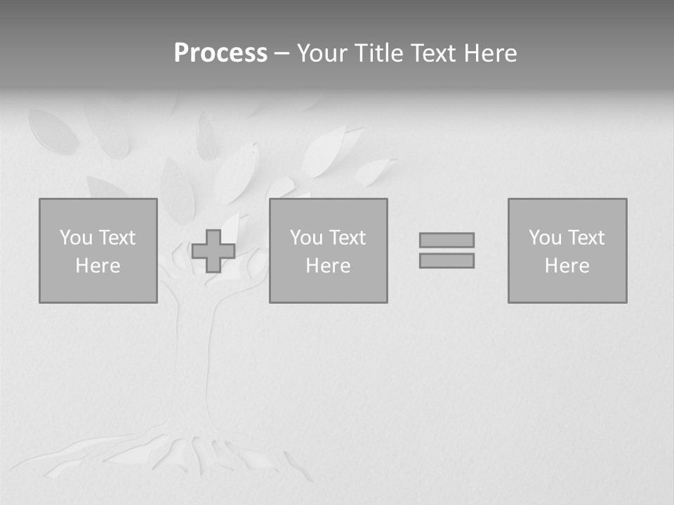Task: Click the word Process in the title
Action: (x=220, y=53)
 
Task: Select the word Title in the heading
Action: (x=379, y=53)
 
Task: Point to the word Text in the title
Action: (x=435, y=53)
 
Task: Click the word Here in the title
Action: (x=491, y=53)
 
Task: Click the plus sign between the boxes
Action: (x=213, y=251)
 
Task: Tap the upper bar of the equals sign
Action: (x=447, y=240)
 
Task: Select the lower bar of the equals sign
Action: (x=447, y=260)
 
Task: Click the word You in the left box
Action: (x=76, y=238)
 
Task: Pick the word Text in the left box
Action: (x=117, y=238)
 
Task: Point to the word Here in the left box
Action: (x=98, y=266)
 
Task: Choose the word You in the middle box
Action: (x=306, y=238)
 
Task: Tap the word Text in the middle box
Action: (x=347, y=238)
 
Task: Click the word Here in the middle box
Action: (x=328, y=266)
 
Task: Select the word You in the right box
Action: (x=545, y=238)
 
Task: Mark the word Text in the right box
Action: (x=586, y=238)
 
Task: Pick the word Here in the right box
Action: (x=567, y=266)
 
